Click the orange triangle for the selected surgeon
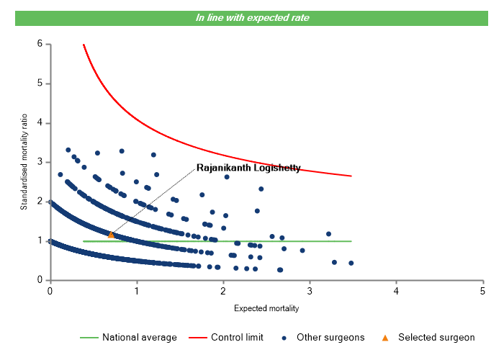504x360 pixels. coord(111,235)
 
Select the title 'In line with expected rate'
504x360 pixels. coord(252,17)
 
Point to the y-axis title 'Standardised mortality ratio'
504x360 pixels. coord(24,162)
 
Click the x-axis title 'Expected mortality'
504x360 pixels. coord(266,308)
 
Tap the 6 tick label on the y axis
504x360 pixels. coord(40,44)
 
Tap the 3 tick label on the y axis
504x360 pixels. coord(40,162)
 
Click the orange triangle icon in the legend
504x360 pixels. coord(384,337)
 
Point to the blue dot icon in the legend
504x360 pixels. coord(285,337)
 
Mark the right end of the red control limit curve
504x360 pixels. coord(351,176)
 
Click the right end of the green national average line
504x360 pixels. coord(351,241)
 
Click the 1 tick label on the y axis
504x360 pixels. coord(40,240)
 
